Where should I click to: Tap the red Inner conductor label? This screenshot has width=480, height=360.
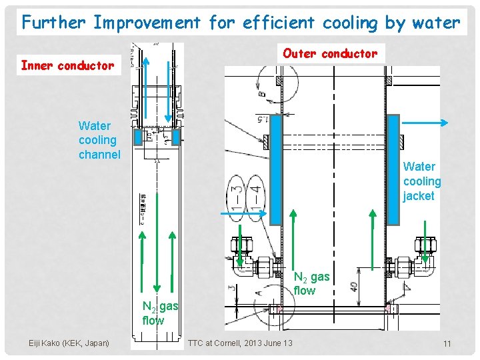pyautogui.click(x=67, y=65)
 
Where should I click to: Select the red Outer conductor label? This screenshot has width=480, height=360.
pyautogui.click(x=330, y=53)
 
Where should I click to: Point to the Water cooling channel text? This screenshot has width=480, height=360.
pyautogui.click(x=99, y=140)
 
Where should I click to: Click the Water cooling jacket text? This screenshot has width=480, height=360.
pyautogui.click(x=422, y=181)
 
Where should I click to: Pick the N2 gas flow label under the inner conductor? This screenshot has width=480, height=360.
pyautogui.click(x=160, y=313)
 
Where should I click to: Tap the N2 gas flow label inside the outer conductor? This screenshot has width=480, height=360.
pyautogui.click(x=311, y=283)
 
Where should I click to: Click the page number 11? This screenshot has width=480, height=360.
pyautogui.click(x=447, y=343)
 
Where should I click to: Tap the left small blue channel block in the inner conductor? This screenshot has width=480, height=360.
pyautogui.click(x=138, y=137)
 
